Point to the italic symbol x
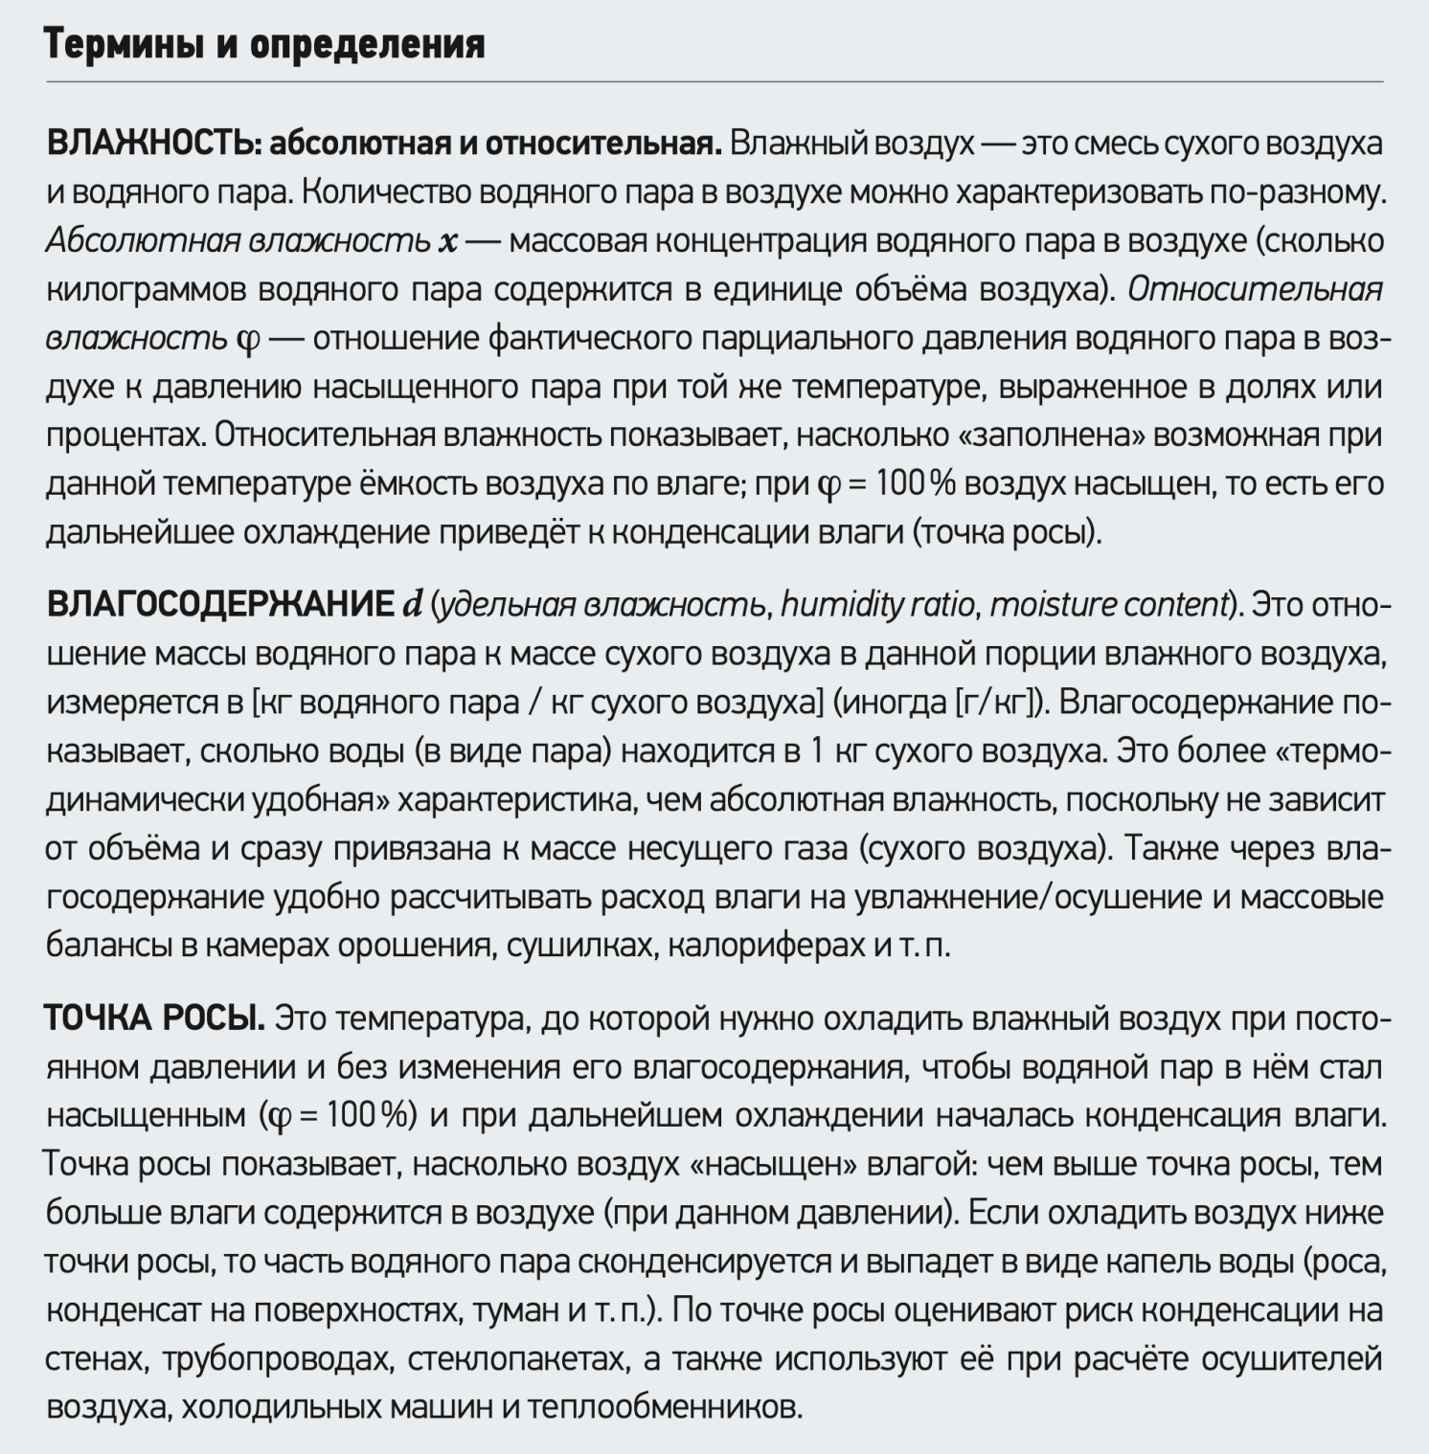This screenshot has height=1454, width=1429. click(x=447, y=241)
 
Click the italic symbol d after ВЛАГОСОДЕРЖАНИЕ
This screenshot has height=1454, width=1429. click(x=412, y=605)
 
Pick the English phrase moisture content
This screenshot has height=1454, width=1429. click(x=1109, y=605)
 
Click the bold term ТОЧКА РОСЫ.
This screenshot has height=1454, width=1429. click(x=154, y=1018)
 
